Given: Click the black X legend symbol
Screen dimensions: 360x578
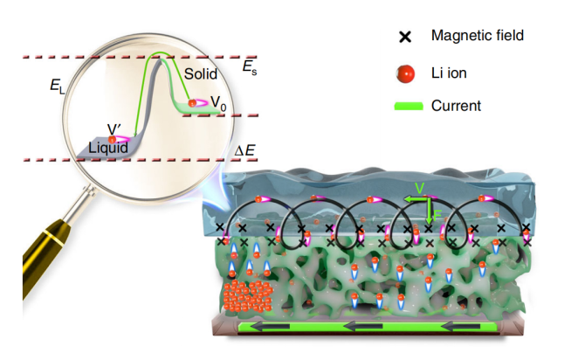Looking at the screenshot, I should click(405, 37).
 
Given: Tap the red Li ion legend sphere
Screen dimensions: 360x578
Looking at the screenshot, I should click(405, 72).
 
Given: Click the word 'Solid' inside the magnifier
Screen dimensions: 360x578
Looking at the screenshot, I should click(200, 75).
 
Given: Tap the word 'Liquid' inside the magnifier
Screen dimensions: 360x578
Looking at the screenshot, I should click(107, 148).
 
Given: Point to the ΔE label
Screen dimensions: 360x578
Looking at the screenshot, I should click(245, 149).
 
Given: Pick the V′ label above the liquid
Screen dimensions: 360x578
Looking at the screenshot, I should click(114, 129).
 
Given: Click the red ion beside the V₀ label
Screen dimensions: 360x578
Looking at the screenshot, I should click(194, 103).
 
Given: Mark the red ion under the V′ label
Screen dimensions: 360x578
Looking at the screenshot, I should click(113, 139).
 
